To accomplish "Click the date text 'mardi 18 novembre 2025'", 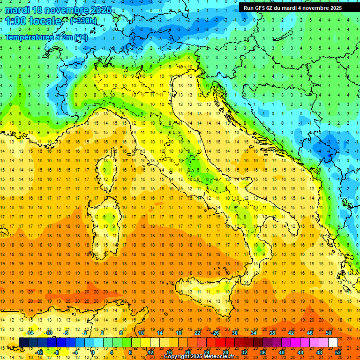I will coord(58,10).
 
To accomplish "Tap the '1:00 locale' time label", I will coord(33,21).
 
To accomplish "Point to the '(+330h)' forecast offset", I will coord(83,21).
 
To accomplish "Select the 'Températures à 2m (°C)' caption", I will coord(46,37).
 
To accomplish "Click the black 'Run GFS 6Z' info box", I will coord(292,7).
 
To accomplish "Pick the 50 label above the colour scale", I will coord(328,333).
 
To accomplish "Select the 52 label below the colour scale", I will coord(338,352).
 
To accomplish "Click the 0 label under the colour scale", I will coord(93,352).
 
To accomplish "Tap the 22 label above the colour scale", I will coord(197,333).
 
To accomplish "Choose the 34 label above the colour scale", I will coord(254,333).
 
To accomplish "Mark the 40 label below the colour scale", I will coord(282,352).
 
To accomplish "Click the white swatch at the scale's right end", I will coord(333,342).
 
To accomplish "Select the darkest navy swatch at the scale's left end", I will coord(23,342).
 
